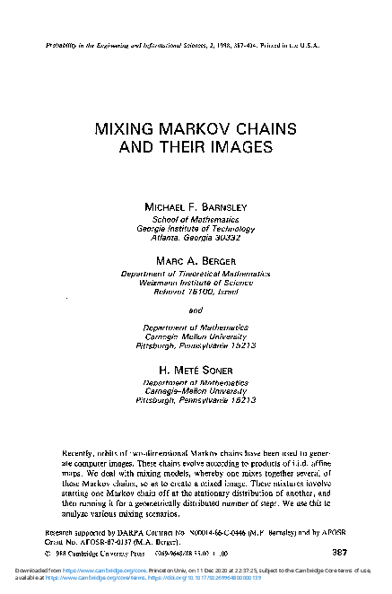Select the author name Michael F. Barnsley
point(195,206)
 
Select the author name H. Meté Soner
point(195,370)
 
